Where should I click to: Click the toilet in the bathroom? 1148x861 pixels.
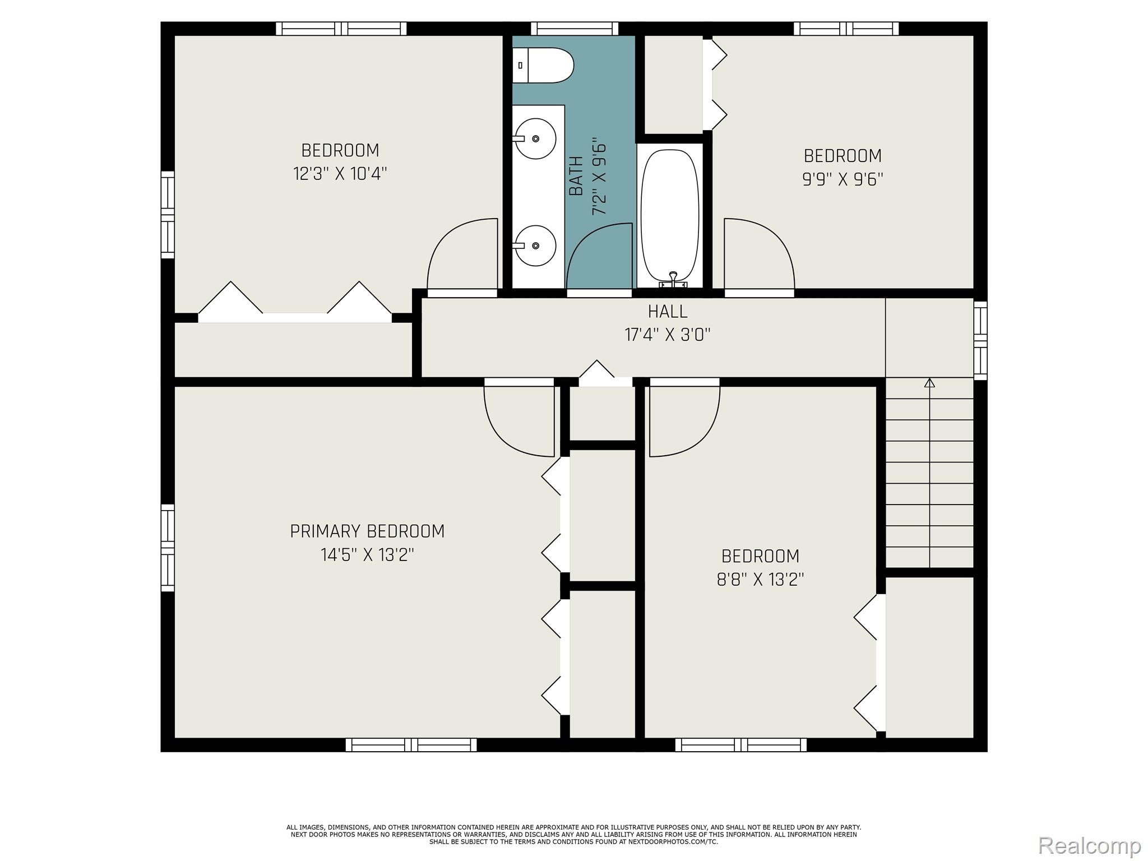(543, 66)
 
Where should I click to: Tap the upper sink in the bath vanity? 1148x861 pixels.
(535, 138)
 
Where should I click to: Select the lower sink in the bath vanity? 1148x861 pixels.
(535, 246)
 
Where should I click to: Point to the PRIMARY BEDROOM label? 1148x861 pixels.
(367, 531)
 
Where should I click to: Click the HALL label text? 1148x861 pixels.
(668, 311)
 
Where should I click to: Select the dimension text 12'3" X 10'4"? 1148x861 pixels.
(340, 174)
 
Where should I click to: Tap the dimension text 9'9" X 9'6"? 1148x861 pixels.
(843, 179)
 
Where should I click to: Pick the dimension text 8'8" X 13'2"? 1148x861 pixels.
(760, 579)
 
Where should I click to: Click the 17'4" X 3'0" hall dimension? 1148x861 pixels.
(668, 335)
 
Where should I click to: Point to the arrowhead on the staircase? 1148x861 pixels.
(929, 383)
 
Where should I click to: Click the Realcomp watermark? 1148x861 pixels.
(1089, 845)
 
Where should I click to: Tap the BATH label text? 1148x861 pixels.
(576, 176)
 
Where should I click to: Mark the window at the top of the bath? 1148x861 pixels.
(575, 29)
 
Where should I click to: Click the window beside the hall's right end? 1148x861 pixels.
(980, 340)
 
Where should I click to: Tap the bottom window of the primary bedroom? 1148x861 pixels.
(411, 745)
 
